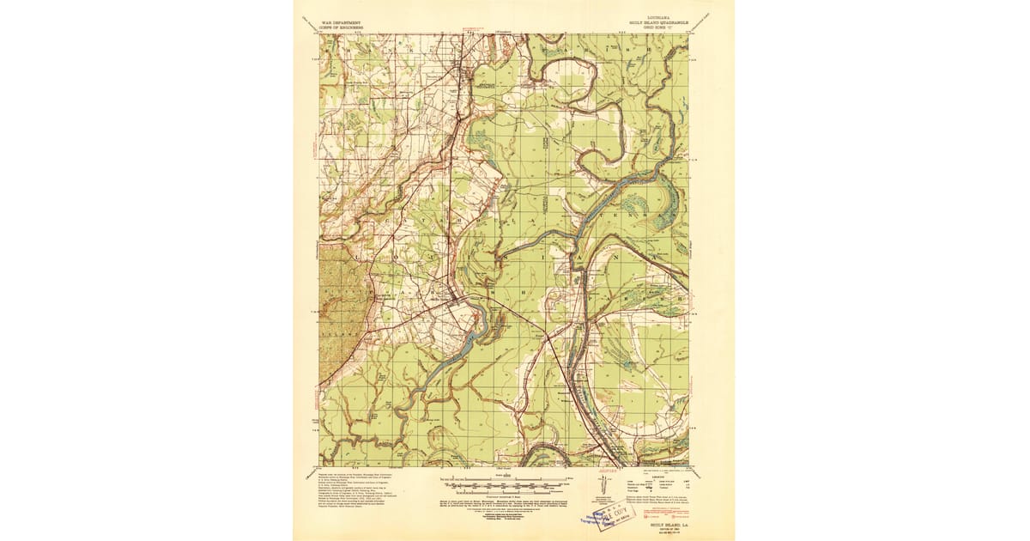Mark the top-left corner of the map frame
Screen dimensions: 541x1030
pos(320,34)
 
